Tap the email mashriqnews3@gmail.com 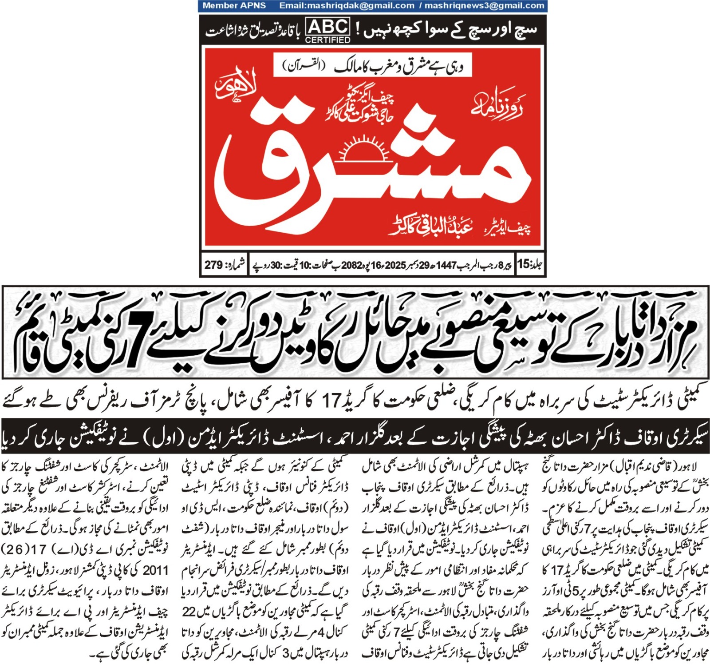[484, 6]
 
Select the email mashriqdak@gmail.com [347, 6]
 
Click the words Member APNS [234, 6]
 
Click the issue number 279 [213, 265]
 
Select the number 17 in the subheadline [331, 402]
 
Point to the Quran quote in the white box [372, 66]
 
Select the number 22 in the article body [189, 612]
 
